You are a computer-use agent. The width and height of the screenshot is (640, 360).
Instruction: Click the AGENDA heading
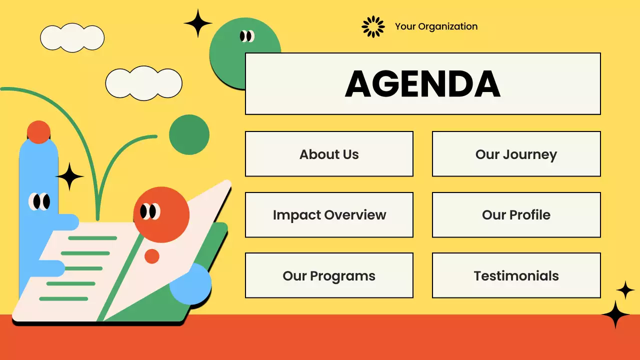coord(422,84)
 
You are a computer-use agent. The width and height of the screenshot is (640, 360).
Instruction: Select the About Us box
coord(329,154)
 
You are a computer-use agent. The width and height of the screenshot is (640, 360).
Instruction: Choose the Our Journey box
coord(516,154)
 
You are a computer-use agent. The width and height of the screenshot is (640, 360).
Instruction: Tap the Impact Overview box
coord(329,215)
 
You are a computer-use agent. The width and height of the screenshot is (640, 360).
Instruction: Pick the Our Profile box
coord(516,215)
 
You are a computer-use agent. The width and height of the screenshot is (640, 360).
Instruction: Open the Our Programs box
coord(329,275)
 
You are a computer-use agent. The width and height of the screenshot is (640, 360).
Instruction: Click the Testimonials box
coord(516,275)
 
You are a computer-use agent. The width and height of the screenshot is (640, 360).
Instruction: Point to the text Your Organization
coord(436,26)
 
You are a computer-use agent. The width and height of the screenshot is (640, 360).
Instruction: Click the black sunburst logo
coord(373,26)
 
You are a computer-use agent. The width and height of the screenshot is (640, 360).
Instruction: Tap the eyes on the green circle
coord(247,36)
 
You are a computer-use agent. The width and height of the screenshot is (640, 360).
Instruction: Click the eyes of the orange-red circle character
coord(149,211)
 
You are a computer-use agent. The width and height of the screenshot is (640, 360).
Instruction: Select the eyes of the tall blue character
coord(39,201)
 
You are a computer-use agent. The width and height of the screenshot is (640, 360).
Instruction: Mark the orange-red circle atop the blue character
coord(38,132)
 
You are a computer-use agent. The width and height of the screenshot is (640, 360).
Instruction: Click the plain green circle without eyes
coord(189,134)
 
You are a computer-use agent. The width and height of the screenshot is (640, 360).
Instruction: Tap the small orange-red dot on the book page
coord(152,256)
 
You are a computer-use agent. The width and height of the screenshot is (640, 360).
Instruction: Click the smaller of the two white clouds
coord(72,37)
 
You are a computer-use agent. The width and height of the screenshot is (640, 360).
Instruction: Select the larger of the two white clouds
coord(143,83)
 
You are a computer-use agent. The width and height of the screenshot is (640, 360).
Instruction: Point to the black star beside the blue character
coord(69,176)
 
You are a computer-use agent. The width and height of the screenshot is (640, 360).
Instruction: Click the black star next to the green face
coord(198,23)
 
